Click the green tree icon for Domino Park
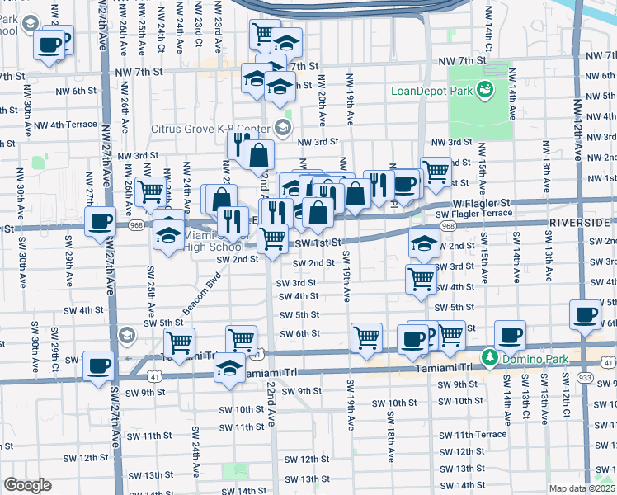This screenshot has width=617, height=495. point(489,358)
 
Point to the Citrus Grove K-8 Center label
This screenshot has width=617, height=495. point(210,129)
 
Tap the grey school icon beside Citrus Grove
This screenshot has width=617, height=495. point(283,126)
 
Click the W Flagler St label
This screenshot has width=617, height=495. point(483,202)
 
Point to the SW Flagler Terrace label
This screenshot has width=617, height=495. point(473,214)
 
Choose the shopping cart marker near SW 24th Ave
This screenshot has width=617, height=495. point(179,341)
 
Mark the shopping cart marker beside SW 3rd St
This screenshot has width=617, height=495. point(422,278)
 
